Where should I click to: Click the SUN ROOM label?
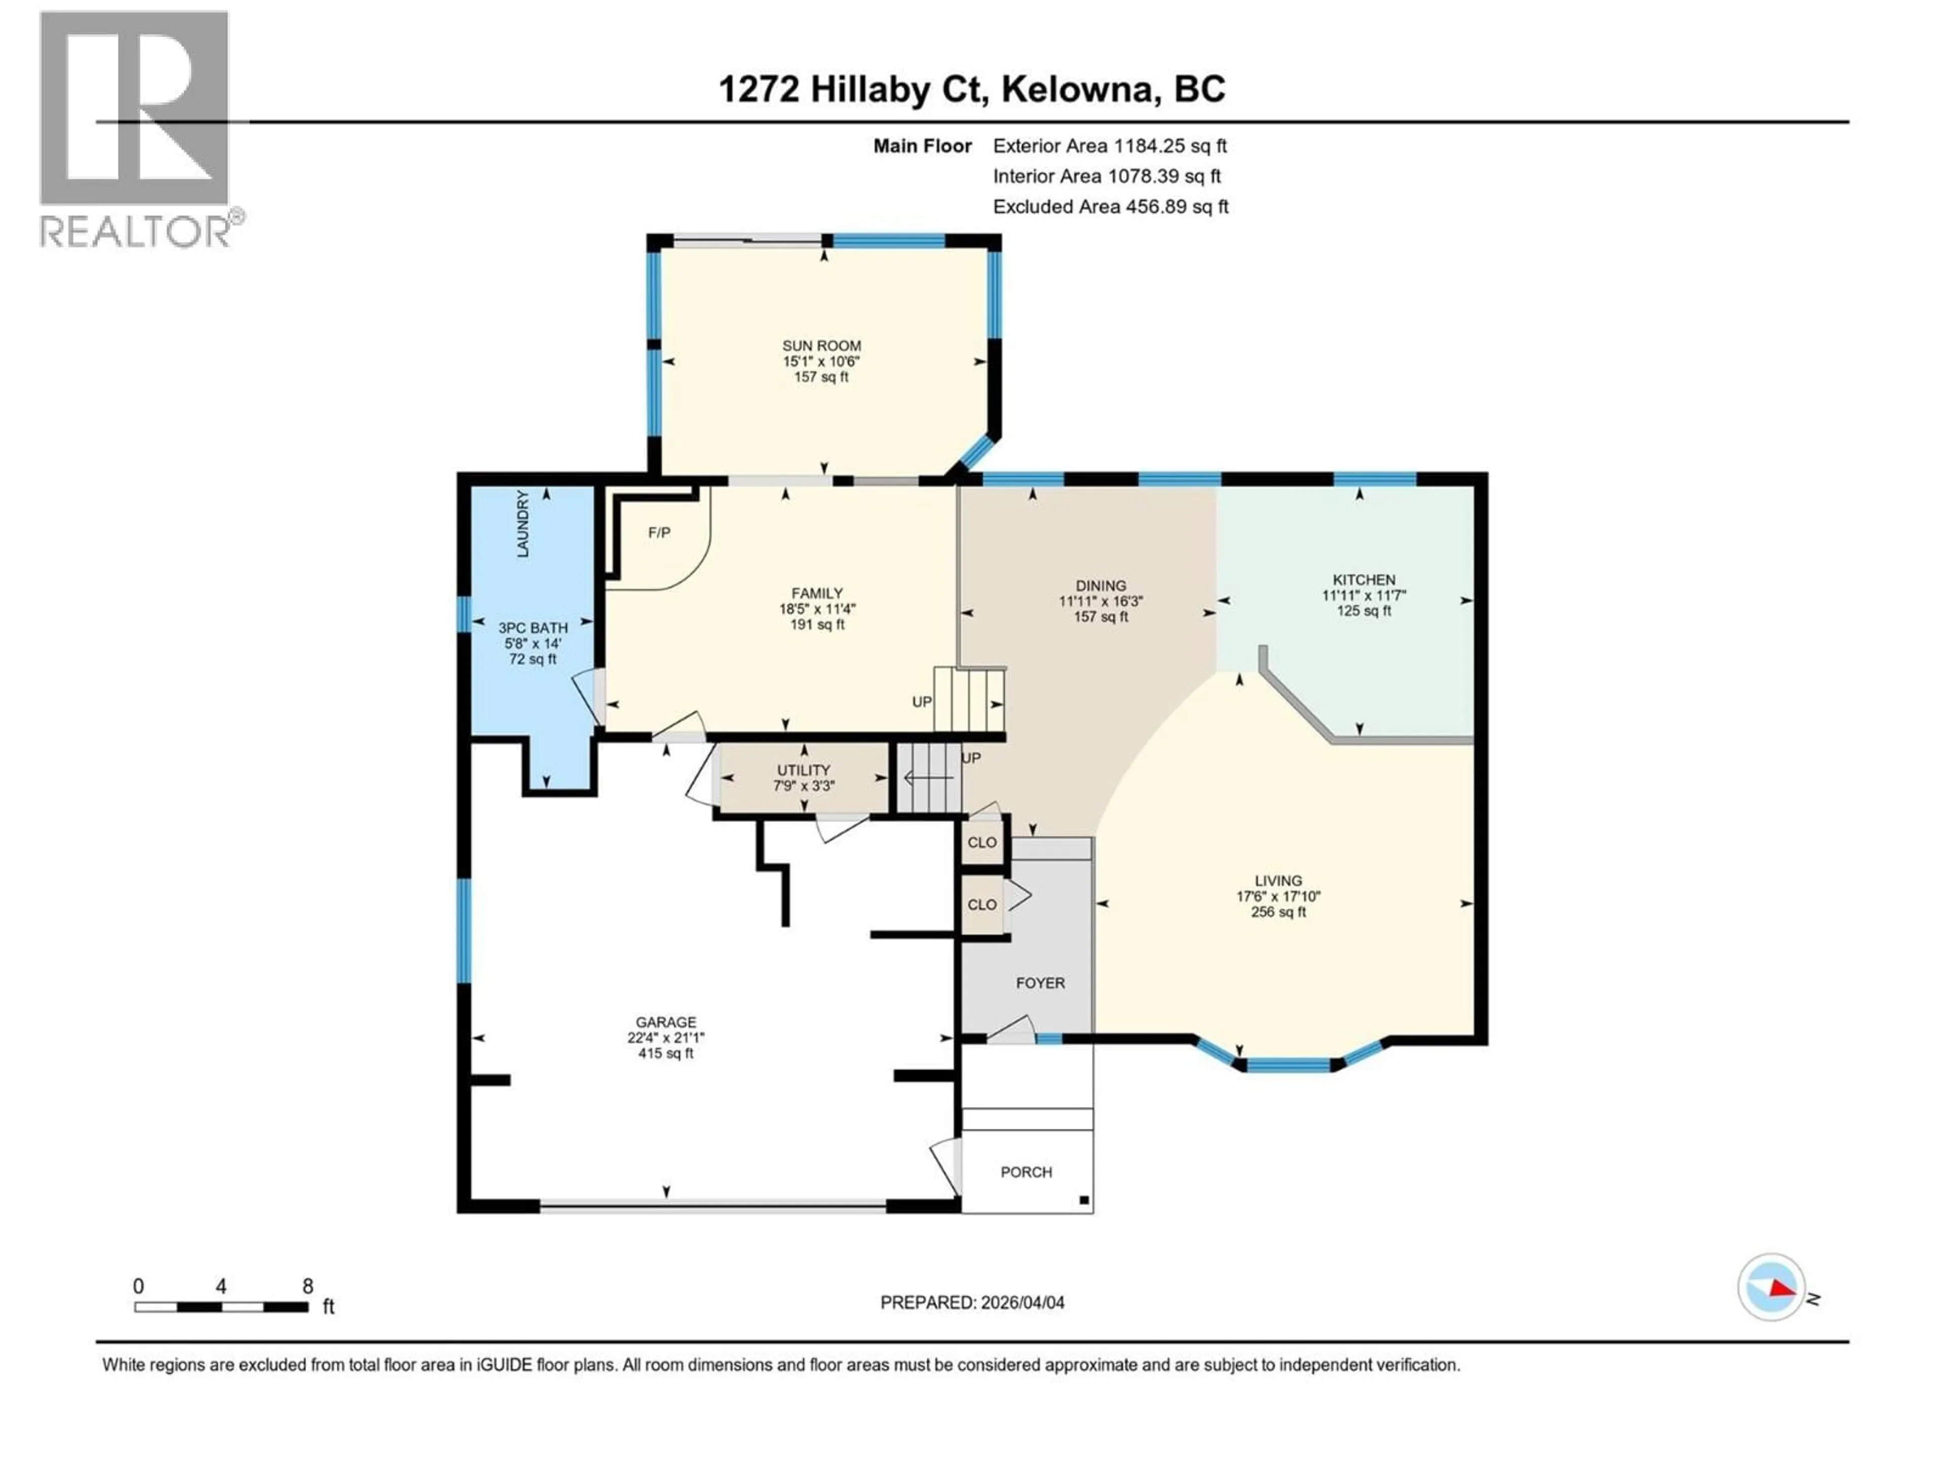click(x=821, y=346)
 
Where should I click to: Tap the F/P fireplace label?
click(x=659, y=532)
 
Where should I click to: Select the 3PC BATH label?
click(x=533, y=628)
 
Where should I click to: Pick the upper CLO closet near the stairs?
click(x=982, y=842)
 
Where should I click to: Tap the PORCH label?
click(x=1026, y=1172)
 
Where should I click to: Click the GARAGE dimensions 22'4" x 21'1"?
click(x=666, y=1038)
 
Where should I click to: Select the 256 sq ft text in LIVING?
click(x=1278, y=911)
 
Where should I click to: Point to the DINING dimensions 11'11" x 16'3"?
click(x=1101, y=601)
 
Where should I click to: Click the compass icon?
click(x=1772, y=1288)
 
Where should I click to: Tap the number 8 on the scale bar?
click(x=308, y=1286)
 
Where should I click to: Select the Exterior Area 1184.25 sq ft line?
click(x=1109, y=146)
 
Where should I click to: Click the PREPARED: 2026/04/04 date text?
click(x=972, y=1302)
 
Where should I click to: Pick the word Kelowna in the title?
click(x=1077, y=89)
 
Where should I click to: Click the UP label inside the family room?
click(x=921, y=702)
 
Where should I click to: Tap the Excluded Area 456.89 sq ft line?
click(x=1110, y=207)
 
